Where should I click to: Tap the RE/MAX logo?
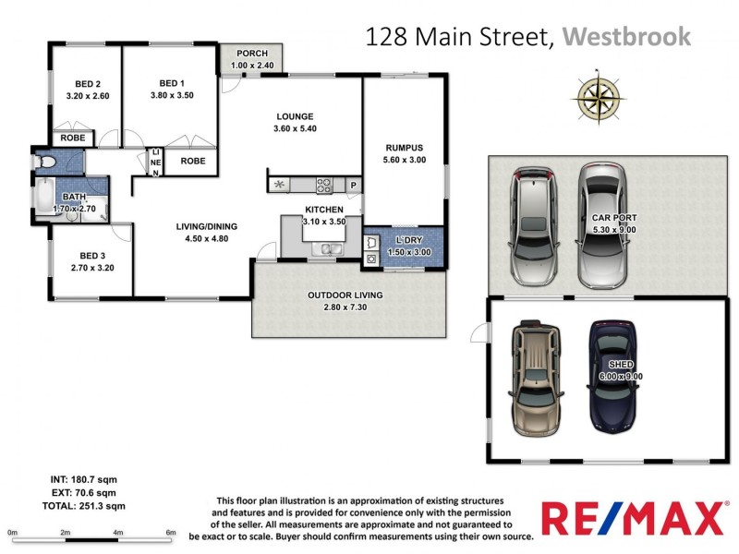(x=635, y=517)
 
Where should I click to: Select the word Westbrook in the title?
(x=626, y=37)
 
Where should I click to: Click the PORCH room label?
(x=251, y=53)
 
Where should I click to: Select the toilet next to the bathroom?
(x=45, y=162)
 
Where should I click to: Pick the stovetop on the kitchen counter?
(x=324, y=185)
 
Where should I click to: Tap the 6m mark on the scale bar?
(x=171, y=533)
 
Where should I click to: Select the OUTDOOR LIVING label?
(x=345, y=295)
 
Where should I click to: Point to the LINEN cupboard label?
(x=156, y=163)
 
